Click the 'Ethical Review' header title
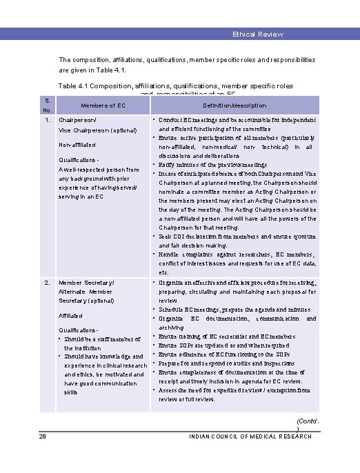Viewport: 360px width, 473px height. (258, 34)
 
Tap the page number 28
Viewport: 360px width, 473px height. (23, 436)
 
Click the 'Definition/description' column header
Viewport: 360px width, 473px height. (234, 105)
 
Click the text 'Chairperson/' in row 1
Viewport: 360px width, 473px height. (79, 120)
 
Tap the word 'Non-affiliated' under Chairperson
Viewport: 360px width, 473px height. (77, 145)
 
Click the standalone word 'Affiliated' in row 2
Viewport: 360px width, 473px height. (71, 315)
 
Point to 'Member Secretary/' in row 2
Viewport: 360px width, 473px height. (87, 283)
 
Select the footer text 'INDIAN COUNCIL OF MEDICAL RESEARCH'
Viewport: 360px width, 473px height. (249, 436)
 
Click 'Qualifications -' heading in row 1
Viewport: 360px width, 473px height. (80, 160)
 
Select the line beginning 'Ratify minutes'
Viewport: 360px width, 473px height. (213, 165)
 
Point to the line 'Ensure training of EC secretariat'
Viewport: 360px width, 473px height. (233, 336)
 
